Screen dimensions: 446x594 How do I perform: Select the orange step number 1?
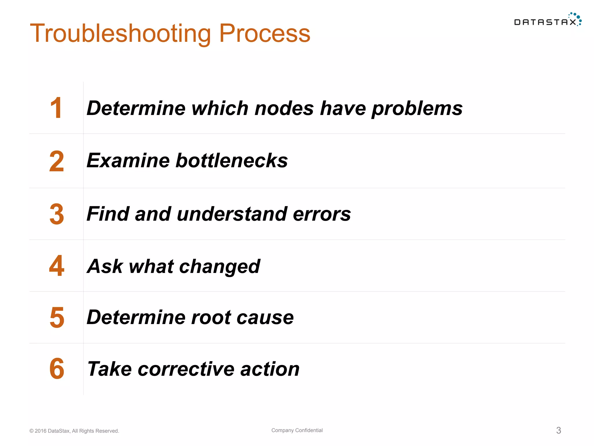pyautogui.click(x=56, y=108)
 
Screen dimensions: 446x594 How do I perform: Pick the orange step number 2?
pyautogui.click(x=57, y=161)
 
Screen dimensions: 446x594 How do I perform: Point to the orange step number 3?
pyautogui.click(x=57, y=214)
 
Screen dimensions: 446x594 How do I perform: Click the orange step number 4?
pyautogui.click(x=57, y=266)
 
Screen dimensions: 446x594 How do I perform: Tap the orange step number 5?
pyautogui.click(x=57, y=318)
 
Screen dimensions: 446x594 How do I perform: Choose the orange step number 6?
pyautogui.click(x=57, y=369)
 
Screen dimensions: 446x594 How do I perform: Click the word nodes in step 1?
pyautogui.click(x=284, y=108)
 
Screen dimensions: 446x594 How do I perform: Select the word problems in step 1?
pyautogui.click(x=417, y=108)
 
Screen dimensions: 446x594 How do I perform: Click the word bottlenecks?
pyautogui.click(x=231, y=161)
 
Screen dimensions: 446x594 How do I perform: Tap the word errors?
pyautogui.click(x=322, y=214)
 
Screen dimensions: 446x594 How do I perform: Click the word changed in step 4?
pyautogui.click(x=220, y=267)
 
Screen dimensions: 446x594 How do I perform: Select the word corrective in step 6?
pyautogui.click(x=186, y=369)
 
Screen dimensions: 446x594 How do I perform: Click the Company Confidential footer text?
pyautogui.click(x=297, y=430)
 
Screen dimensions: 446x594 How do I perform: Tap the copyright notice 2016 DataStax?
pyautogui.click(x=74, y=431)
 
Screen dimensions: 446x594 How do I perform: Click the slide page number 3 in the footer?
pyautogui.click(x=559, y=430)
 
